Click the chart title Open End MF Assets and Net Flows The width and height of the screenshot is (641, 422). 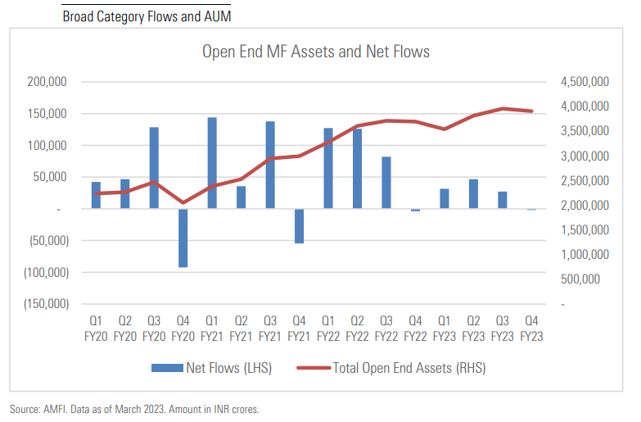(x=316, y=52)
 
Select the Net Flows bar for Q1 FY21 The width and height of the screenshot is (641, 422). (x=212, y=163)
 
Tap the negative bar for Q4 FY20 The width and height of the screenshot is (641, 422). (x=183, y=238)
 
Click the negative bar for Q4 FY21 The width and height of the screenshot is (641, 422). (x=299, y=226)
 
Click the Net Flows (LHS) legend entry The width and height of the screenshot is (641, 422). (x=211, y=368)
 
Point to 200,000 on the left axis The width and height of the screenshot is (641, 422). (x=45, y=82)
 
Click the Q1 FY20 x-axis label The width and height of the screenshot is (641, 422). (x=96, y=328)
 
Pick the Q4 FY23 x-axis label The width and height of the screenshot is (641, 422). (x=531, y=328)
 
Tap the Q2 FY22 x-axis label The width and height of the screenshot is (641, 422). (x=357, y=328)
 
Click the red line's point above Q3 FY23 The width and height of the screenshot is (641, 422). (x=503, y=108)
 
